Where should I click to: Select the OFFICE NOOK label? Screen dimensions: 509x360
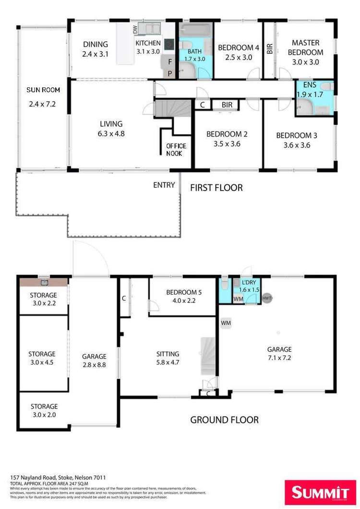point(176,150)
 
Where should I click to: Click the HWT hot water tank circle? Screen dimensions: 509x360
point(267,298)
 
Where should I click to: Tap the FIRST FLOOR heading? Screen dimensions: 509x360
point(216,188)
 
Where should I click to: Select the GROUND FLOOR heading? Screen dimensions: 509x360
point(224,420)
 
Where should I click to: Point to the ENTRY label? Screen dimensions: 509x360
point(164,185)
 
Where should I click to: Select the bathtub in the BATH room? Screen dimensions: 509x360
point(197,30)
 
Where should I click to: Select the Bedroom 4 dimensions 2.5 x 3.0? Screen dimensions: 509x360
point(239,57)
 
